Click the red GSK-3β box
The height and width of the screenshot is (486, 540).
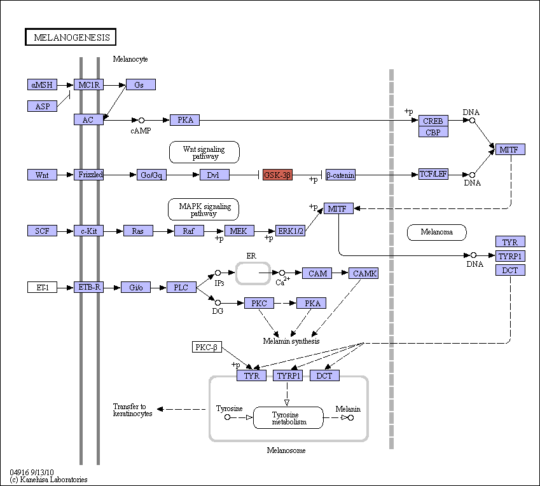pos(277,175)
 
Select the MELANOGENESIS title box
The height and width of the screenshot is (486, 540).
pos(71,37)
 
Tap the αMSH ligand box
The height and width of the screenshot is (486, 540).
pos(42,84)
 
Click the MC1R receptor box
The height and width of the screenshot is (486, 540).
pos(88,84)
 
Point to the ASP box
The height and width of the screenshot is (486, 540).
pos(42,106)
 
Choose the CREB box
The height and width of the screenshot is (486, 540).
pos(433,121)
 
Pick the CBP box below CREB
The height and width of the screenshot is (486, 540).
pos(433,132)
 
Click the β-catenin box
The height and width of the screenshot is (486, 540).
pos(340,175)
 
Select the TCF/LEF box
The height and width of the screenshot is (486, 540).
pos(433,174)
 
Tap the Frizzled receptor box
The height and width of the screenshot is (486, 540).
pos(88,174)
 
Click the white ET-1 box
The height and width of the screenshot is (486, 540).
pos(42,287)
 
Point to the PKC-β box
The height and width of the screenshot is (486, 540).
pos(207,347)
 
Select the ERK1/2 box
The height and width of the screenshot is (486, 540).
pos(290,231)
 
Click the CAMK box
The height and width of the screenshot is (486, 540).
pos(363,273)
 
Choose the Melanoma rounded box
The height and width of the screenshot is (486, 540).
pos(437,232)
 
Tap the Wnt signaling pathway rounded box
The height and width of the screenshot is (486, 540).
pos(204,152)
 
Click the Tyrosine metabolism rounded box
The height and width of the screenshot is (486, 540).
pos(288,418)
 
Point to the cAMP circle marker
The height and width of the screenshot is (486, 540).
pos(141,120)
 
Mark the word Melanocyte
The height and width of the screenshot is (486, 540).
pos(130,59)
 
